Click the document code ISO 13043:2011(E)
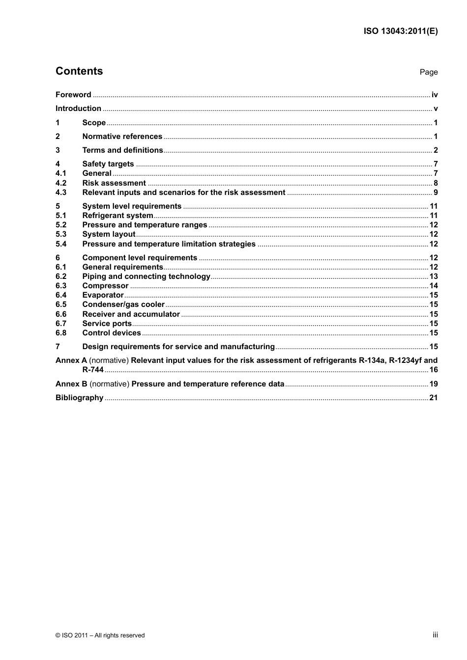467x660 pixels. (x=400, y=31)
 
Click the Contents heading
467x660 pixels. (x=79, y=71)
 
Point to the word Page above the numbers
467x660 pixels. (x=428, y=72)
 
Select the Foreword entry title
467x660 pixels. (x=73, y=95)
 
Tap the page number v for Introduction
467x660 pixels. (x=435, y=109)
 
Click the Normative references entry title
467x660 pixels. (x=122, y=137)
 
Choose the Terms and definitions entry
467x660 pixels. (x=122, y=150)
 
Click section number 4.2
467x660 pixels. (x=61, y=183)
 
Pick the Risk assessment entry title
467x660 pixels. (x=114, y=183)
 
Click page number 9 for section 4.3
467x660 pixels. (x=435, y=192)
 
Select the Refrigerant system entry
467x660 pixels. (x=117, y=216)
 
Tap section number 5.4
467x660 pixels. (x=61, y=244)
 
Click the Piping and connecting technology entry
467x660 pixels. (x=146, y=276)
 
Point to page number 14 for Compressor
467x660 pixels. (x=433, y=286)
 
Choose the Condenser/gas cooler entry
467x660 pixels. (x=123, y=304)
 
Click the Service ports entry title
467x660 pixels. (x=107, y=324)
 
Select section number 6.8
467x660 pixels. (x=61, y=333)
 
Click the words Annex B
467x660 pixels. (x=71, y=384)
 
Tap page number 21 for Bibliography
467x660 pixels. (x=433, y=398)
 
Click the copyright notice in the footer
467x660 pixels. (x=100, y=635)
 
